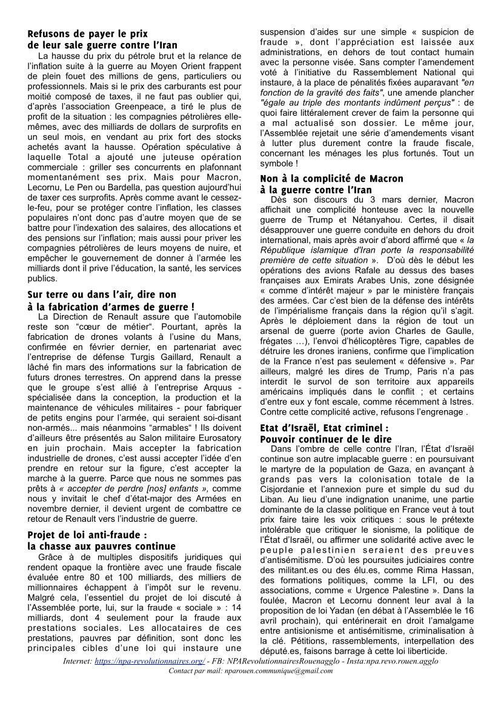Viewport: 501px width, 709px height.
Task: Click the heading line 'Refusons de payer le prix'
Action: point(88,34)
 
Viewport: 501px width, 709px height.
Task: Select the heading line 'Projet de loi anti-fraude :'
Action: point(88,535)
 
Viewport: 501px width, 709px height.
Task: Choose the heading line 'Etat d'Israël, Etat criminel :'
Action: point(324,428)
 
